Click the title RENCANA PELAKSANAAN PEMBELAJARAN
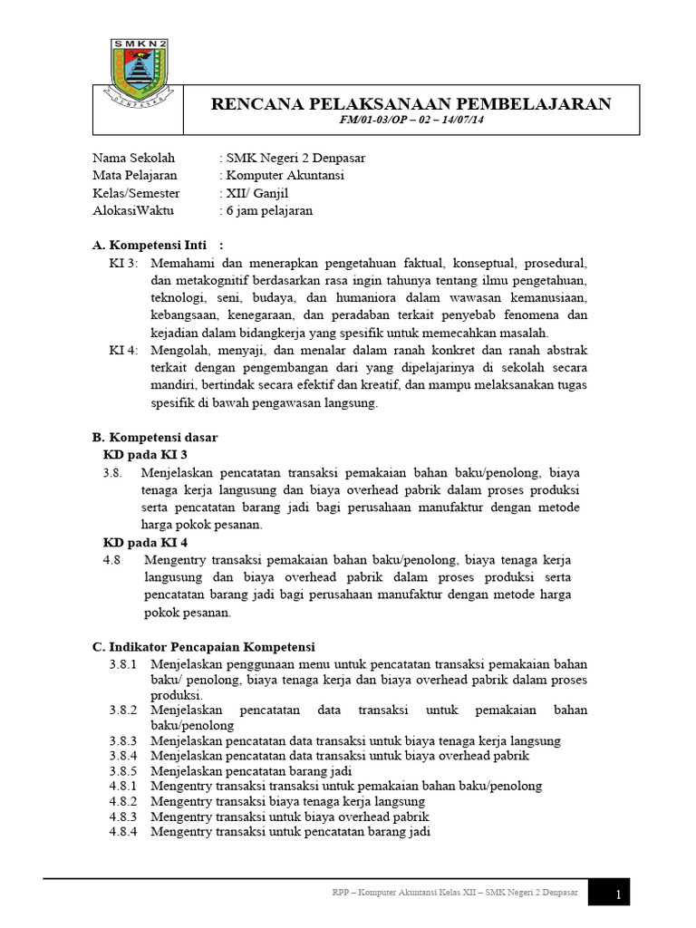click(411, 103)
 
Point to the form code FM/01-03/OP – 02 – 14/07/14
click(411, 121)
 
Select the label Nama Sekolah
click(133, 158)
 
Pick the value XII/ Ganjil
click(256, 193)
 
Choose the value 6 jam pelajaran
click(268, 210)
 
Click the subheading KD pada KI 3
click(146, 454)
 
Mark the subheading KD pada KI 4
click(146, 542)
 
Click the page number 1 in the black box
click(617, 895)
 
